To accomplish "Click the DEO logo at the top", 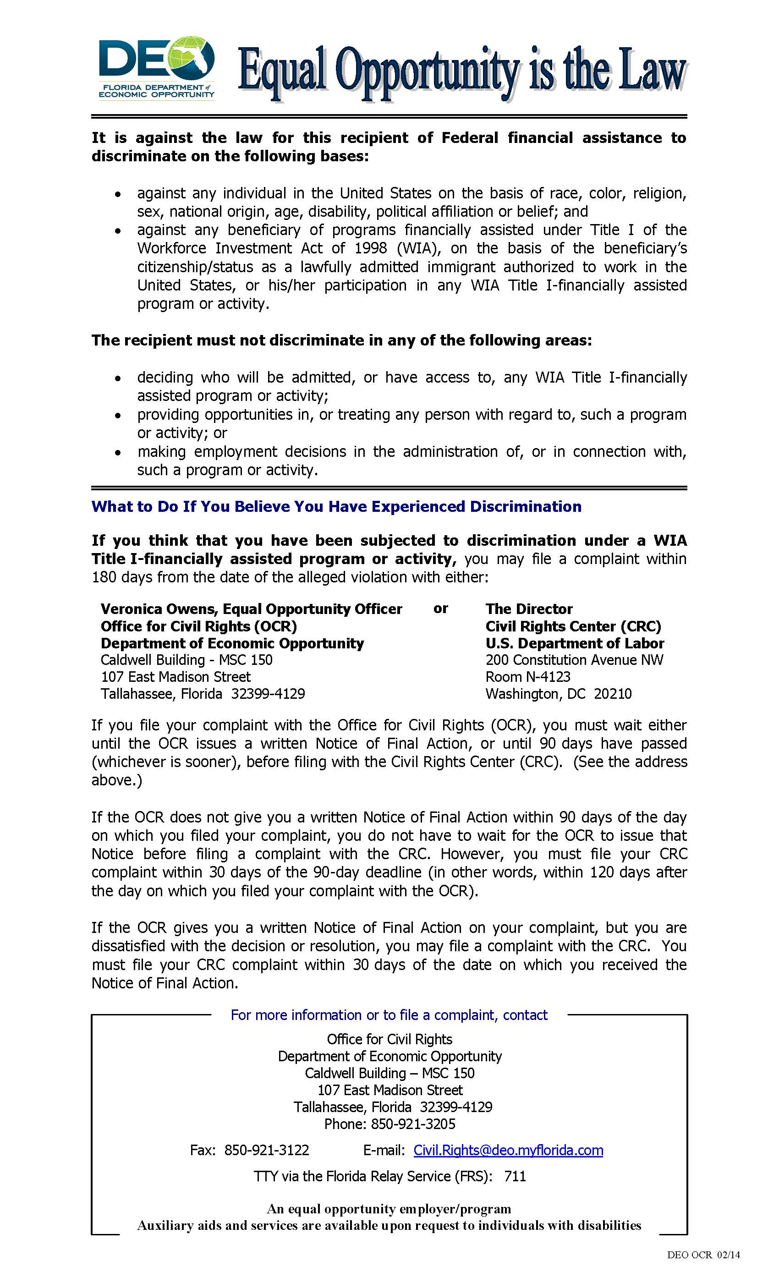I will coord(156,68).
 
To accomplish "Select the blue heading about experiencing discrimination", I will coord(336,507).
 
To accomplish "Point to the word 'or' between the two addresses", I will coord(440,608).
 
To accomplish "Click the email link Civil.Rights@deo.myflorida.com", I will coord(508,1150).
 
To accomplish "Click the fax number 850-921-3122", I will coord(267,1150).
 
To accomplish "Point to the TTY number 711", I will coord(515,1176).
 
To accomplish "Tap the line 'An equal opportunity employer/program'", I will coord(389,1209).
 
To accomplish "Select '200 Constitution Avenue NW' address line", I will coord(574,660).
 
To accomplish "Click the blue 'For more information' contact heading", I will coord(389,1015).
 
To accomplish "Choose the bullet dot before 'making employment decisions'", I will coord(119,453).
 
